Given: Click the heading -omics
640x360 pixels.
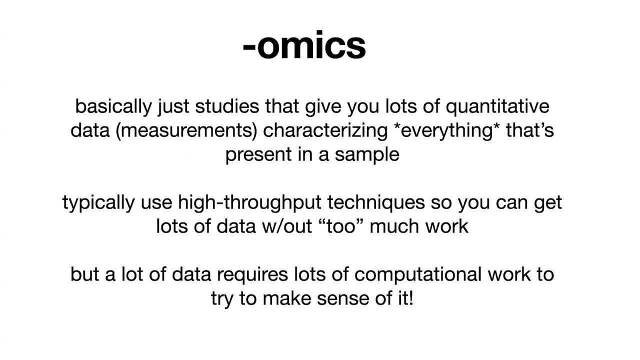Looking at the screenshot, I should pos(304,45).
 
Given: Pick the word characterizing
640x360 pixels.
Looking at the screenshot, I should pos(325,130).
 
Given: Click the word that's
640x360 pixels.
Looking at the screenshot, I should pos(530,130).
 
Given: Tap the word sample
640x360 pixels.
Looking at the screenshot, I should pos(367,154).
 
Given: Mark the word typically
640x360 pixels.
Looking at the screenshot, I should pos(98,203).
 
